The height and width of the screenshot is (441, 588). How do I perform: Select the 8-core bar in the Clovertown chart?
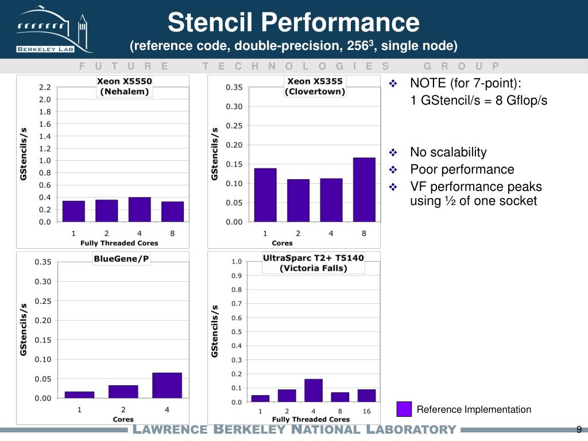pos(364,189)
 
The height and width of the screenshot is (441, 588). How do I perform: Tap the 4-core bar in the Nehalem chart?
pos(140,209)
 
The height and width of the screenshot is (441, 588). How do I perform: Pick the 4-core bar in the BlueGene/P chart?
pos(167,385)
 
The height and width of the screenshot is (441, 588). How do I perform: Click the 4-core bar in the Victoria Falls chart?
pos(314,390)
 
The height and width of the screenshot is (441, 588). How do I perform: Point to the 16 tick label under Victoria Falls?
pos(366,411)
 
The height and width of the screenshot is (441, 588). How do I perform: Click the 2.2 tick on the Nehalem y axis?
pos(45,87)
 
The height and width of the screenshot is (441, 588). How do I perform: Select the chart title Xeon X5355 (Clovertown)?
pos(315,86)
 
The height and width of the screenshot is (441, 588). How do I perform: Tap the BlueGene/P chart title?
pos(121,259)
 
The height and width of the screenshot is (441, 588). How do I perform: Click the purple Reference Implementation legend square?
pos(404,409)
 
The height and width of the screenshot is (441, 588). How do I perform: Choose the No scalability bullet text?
pos(448,152)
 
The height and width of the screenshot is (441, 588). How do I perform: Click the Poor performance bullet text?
pos(462,169)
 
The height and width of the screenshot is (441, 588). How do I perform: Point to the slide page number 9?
pos(579,430)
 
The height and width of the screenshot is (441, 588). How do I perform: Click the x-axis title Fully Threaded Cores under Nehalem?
pos(119,243)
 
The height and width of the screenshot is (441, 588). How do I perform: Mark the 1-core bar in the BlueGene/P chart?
pos(80,394)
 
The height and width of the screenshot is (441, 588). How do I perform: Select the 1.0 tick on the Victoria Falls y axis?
pos(237,261)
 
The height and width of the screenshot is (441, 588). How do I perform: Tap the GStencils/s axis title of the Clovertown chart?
pos(215,154)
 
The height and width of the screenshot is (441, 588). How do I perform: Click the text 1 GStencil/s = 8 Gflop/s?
pos(479,100)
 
